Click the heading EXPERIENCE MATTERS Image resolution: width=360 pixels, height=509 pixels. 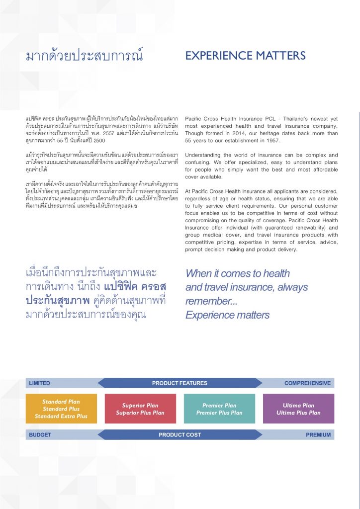tap(245, 56)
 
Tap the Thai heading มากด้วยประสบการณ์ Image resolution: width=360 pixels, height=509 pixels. tap(84, 56)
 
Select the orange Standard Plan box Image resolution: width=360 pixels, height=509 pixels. tap(61, 409)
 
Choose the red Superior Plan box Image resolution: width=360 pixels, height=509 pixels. tap(140, 409)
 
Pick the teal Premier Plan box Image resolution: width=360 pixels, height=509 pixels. tap(219, 409)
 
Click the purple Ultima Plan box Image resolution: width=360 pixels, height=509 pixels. tap(298, 409)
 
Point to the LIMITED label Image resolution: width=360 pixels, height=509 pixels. tap(40, 383)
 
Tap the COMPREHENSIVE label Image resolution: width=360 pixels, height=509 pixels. tap(307, 383)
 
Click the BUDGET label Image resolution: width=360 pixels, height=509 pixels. tap(40, 435)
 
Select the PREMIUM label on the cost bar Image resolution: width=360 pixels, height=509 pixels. tap(318, 435)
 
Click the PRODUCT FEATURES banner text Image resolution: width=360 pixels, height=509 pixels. tap(180, 383)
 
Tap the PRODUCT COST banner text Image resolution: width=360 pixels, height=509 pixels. tap(180, 435)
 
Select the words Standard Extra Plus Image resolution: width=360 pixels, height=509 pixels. tap(61, 417)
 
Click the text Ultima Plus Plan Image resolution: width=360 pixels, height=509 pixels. tap(298, 413)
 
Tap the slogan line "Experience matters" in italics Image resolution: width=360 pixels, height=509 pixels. tap(227, 315)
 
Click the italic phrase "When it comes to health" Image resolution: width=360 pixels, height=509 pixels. tap(237, 273)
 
